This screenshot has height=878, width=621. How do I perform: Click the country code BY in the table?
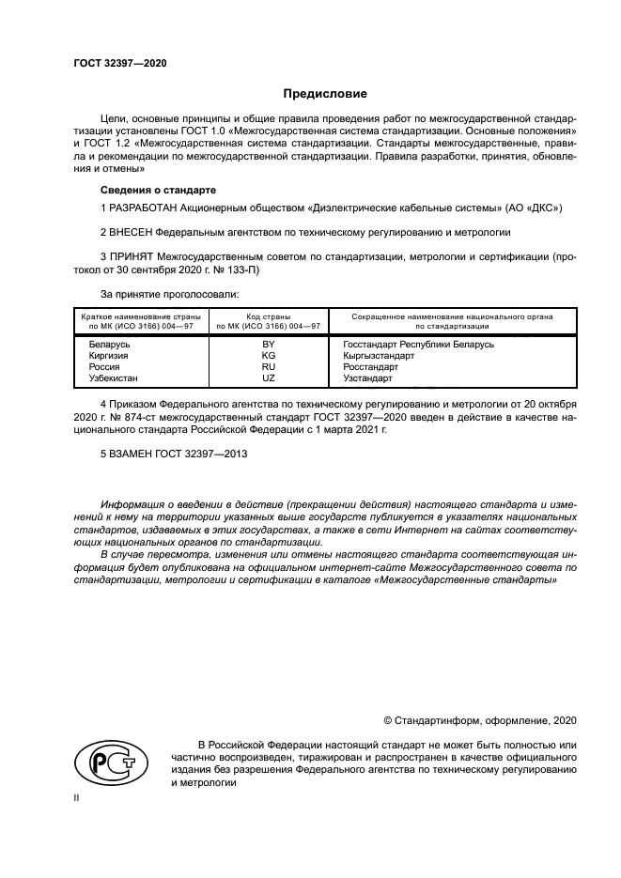268,345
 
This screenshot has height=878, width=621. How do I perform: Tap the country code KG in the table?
268,356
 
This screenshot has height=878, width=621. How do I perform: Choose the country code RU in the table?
268,367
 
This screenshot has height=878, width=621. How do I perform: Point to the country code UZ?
268,377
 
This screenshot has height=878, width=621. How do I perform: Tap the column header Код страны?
268,316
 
